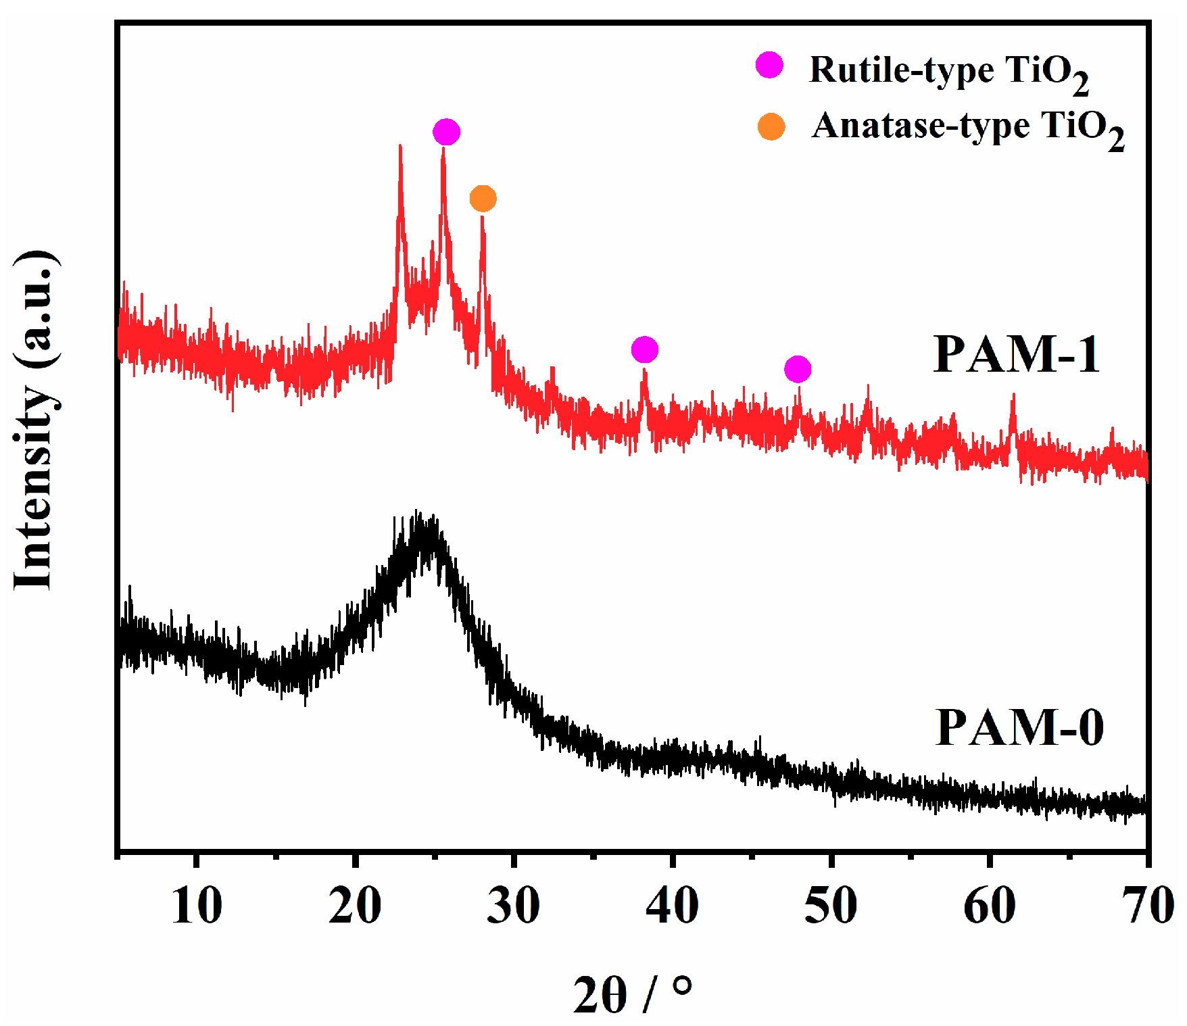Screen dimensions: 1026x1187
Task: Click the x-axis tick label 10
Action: click(196, 906)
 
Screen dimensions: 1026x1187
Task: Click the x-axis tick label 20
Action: click(355, 906)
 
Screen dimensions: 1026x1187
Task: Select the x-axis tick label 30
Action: click(514, 906)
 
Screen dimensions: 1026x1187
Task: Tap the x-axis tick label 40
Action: click(672, 906)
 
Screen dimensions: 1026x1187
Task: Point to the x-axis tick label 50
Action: click(831, 906)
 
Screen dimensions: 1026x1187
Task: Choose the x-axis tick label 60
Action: click(990, 906)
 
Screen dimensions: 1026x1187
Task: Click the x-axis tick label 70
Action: click(1148, 906)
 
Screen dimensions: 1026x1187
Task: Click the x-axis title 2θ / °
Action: click(633, 994)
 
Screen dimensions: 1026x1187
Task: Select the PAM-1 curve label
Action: click(1016, 354)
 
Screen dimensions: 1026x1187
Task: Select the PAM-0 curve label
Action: click(1019, 728)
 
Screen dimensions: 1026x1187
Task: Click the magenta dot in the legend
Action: click(769, 65)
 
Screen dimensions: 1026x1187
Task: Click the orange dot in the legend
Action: click(771, 126)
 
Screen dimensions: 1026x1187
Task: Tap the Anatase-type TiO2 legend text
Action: click(967, 128)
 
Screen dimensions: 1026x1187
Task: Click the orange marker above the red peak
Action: click(483, 199)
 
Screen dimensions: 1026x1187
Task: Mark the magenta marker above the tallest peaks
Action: click(446, 132)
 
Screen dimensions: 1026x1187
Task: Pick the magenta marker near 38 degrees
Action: click(644, 349)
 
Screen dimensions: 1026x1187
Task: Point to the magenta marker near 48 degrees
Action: click(798, 369)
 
